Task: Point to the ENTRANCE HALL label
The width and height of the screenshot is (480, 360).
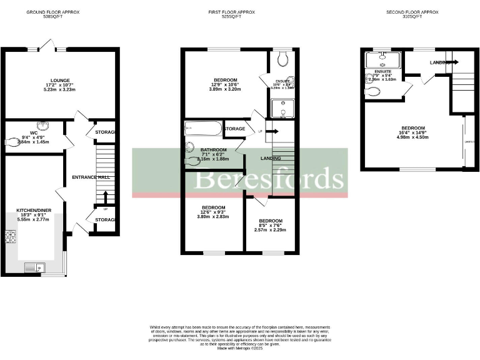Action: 91,177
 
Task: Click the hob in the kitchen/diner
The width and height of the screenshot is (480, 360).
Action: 11,237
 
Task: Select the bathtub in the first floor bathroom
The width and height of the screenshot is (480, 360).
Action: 203,129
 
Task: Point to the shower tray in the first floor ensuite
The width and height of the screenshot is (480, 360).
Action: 282,109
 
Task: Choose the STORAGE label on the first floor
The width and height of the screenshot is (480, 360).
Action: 234,129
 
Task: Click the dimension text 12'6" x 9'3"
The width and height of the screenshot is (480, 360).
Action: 213,212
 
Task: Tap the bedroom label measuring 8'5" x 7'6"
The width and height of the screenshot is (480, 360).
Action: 271,221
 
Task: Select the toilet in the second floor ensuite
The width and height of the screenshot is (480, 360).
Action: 374,92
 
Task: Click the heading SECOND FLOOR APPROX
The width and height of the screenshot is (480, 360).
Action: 412,12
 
